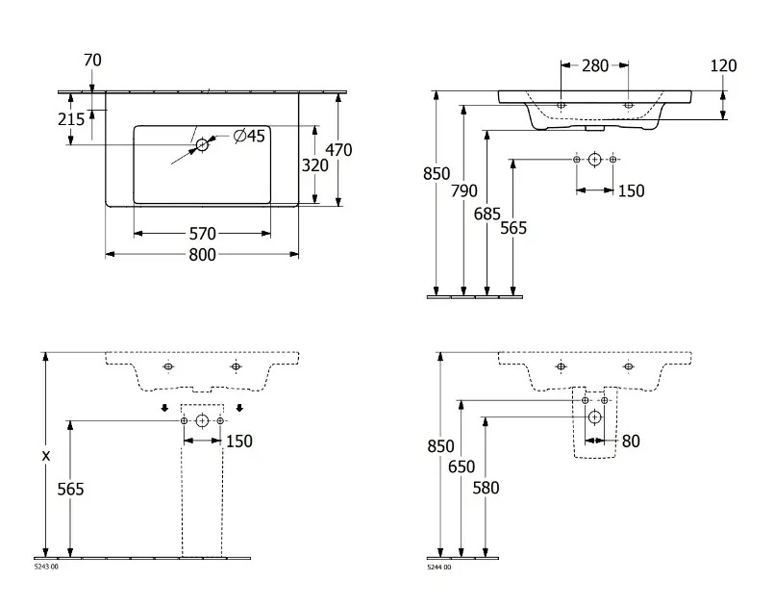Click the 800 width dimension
click(x=202, y=255)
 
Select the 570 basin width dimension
click(x=202, y=234)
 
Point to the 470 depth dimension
click(x=339, y=150)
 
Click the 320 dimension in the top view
click(x=315, y=164)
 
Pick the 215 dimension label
click(x=71, y=118)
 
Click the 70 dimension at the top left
click(x=92, y=61)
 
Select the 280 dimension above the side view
click(x=595, y=66)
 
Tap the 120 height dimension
click(x=724, y=66)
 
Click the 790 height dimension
click(x=463, y=191)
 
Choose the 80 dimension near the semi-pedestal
click(x=631, y=442)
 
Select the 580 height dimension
click(x=487, y=489)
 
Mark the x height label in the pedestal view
click(x=46, y=456)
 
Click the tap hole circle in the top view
click(x=202, y=145)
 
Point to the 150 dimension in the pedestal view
click(x=238, y=441)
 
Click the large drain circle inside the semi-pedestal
click(x=594, y=417)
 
